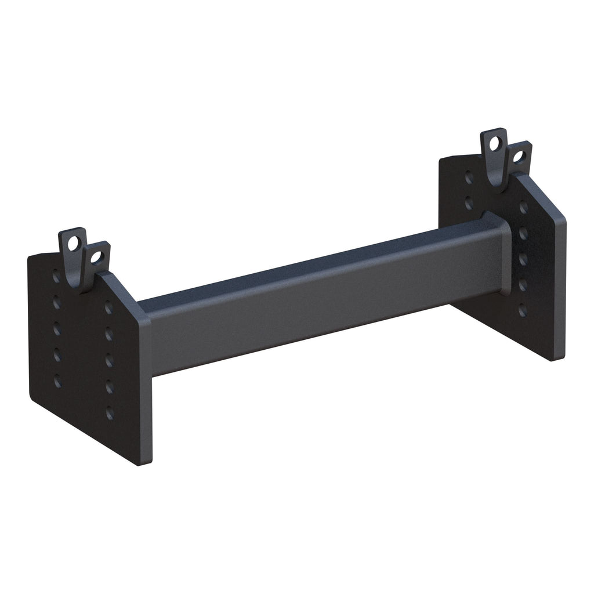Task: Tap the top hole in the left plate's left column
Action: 56,277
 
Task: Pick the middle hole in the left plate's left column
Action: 57,329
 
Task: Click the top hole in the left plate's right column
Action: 108,308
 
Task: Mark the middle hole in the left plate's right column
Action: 109,361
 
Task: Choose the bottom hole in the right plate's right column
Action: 523,310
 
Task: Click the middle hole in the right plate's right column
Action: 523,259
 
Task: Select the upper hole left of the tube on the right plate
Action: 469,178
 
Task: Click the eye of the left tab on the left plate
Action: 73,244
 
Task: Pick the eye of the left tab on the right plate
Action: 495,143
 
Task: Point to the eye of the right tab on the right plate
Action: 518,156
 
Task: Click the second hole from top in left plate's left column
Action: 57,302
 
